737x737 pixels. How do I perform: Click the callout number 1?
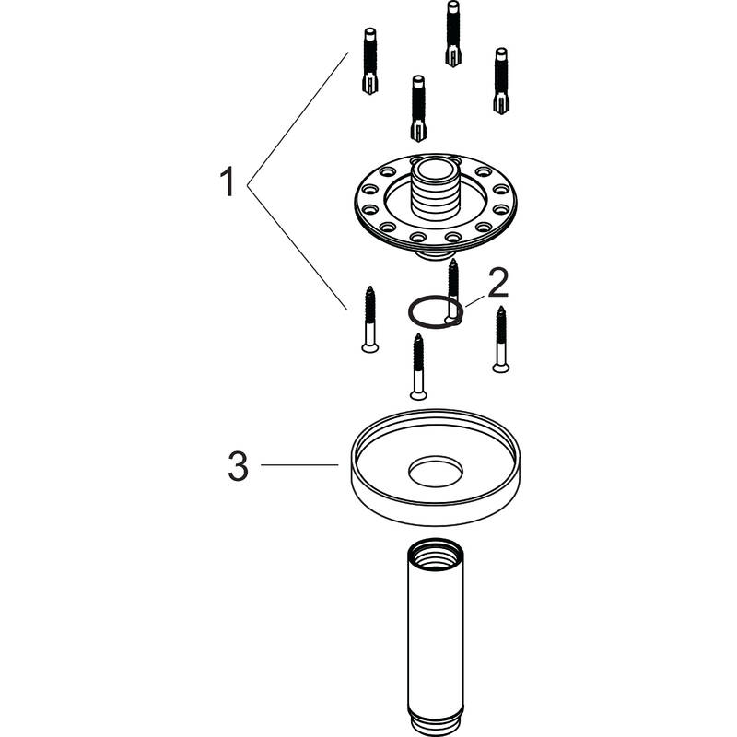[x=227, y=181]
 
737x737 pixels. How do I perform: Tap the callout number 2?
[x=497, y=283]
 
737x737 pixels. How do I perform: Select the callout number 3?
[x=238, y=466]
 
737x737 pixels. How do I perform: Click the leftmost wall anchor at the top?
[x=370, y=61]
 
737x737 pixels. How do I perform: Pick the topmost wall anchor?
[x=453, y=33]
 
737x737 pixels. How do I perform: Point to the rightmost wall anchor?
[x=501, y=81]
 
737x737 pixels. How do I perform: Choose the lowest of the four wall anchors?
[x=418, y=108]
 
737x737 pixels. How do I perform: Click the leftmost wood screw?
[x=370, y=319]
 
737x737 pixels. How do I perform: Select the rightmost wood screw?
[x=501, y=339]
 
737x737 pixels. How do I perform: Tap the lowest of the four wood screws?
[x=418, y=367]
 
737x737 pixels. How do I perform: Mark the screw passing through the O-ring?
[x=452, y=291]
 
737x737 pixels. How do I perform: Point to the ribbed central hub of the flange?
[x=435, y=191]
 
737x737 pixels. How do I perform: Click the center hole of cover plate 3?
[x=436, y=471]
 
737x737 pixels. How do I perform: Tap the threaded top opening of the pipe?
[x=436, y=550]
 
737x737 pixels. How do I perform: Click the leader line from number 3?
[x=299, y=465]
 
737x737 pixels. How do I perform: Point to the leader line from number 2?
[x=474, y=301]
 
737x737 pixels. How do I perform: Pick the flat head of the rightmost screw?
[x=501, y=368]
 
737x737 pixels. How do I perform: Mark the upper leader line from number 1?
[x=298, y=118]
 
